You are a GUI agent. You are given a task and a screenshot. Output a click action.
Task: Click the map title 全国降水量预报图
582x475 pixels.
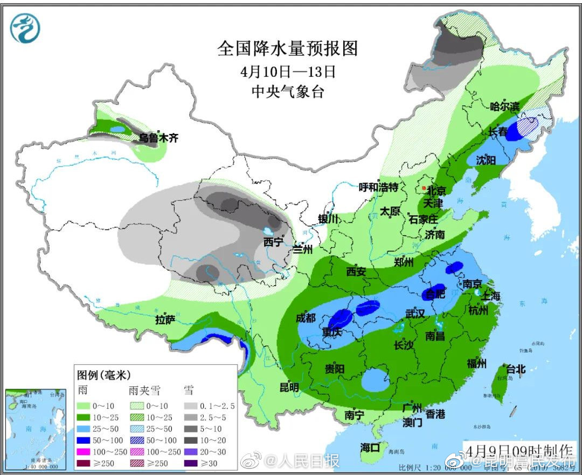coord(287,49)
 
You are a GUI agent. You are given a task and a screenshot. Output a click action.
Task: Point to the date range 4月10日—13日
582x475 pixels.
coord(288,71)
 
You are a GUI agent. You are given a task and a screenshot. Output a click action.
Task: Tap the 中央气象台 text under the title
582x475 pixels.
coord(288,91)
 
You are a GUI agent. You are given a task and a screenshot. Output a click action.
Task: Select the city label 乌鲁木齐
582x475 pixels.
coord(158,138)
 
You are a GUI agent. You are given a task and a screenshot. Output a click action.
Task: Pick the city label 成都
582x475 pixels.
coord(306,318)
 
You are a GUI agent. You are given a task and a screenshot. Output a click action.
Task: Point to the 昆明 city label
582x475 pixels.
coord(289,387)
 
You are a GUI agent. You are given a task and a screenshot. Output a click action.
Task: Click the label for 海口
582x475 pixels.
coord(370,447)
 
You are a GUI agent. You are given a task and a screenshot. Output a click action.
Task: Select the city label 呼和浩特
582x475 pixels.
coord(378,187)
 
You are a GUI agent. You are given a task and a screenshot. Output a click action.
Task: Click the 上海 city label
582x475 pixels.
coord(490,296)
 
